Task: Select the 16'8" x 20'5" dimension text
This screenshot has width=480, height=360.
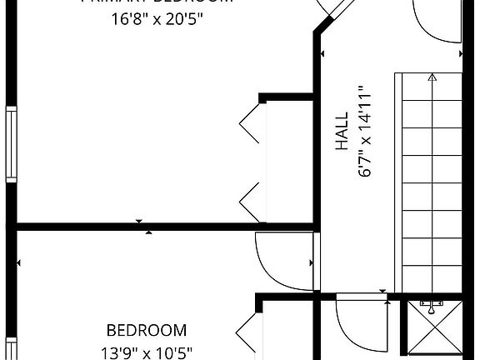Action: tap(157, 18)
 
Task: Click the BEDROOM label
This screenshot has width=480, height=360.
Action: tap(147, 330)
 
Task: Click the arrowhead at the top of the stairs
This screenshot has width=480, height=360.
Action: tap(432, 78)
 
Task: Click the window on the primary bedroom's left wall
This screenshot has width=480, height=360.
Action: tap(10, 143)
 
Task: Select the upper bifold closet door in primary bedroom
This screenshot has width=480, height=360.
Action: tap(251, 125)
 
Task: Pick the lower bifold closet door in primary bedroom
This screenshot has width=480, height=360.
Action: tap(251, 202)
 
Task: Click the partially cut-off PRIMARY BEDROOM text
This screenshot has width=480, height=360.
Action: tap(157, 2)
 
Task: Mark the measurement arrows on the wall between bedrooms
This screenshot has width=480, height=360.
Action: tap(143, 226)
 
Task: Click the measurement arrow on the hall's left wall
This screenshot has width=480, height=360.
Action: tap(322, 55)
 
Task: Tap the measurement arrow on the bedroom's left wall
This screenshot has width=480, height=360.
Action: tap(18, 262)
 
